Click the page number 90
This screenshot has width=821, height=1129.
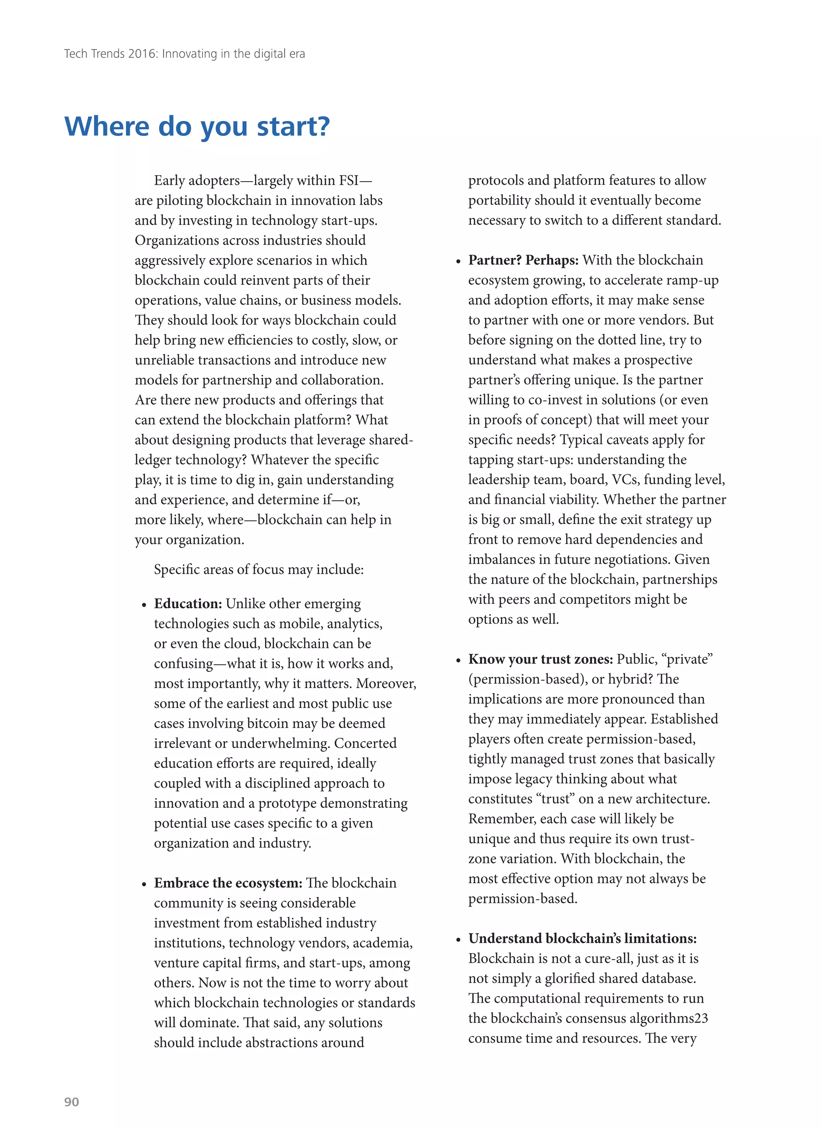click(71, 1102)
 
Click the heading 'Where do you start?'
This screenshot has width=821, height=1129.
click(197, 126)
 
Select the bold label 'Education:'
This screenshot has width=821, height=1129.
click(188, 604)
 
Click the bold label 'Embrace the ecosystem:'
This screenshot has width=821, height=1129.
click(228, 883)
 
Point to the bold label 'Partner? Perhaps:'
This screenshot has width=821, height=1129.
click(523, 260)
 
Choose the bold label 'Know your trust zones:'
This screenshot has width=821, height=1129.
click(541, 660)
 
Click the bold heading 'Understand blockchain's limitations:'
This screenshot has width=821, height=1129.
click(582, 939)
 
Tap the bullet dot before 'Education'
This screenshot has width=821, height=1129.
click(144, 605)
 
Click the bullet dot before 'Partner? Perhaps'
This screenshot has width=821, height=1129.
click(458, 262)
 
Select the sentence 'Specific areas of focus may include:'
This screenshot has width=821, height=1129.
click(259, 569)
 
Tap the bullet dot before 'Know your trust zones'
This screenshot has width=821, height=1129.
click(458, 661)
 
